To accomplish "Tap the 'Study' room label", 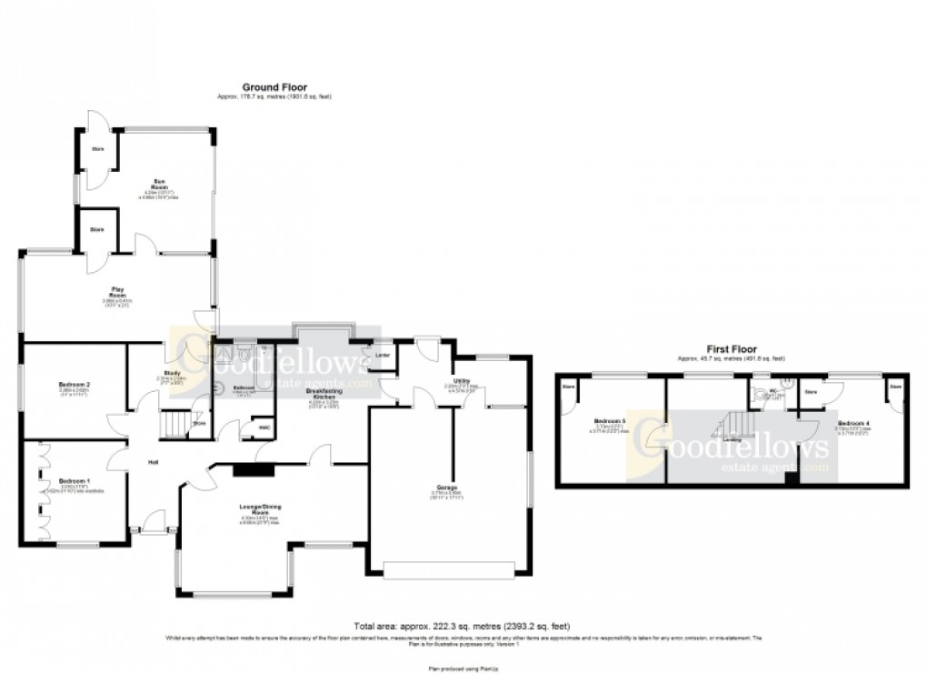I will pyautogui.click(x=171, y=374).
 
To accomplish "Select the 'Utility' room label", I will pyautogui.click(x=461, y=381).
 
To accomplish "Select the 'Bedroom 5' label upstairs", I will pyautogui.click(x=609, y=422).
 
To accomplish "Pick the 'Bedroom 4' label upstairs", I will pyautogui.click(x=852, y=424).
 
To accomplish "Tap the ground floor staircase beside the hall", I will pyautogui.click(x=176, y=423).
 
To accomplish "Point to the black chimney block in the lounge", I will pyautogui.click(x=246, y=470).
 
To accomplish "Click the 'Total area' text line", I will pyautogui.click(x=463, y=627).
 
